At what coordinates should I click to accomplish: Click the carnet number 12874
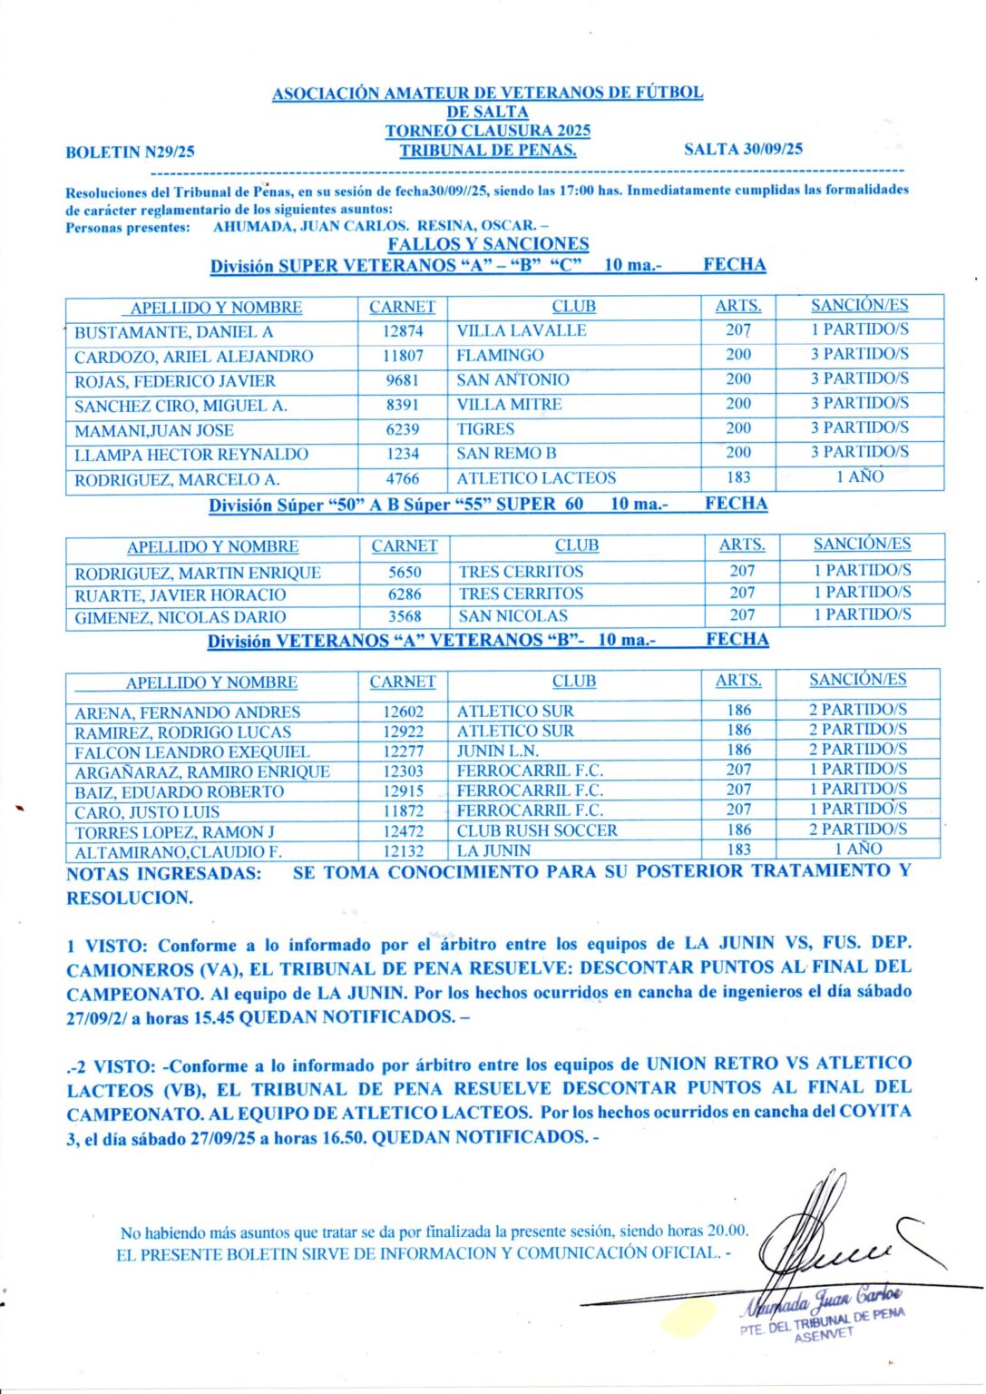[402, 332]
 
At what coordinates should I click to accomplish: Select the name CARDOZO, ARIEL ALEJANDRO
[193, 357]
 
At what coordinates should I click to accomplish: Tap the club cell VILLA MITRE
[509, 405]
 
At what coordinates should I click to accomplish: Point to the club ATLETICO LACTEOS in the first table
[535, 478]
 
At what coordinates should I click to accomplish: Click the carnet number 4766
[402, 478]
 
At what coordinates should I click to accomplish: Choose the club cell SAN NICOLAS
[513, 616]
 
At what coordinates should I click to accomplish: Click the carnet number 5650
[405, 573]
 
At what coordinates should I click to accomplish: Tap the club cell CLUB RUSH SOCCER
[536, 830]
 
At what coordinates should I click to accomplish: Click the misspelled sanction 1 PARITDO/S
[857, 790]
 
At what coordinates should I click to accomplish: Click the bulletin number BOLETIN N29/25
[130, 152]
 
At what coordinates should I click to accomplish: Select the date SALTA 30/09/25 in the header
[743, 150]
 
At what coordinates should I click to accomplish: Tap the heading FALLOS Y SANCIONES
[488, 244]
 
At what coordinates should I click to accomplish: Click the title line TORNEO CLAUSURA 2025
[487, 131]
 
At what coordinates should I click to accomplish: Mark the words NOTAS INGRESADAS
[164, 874]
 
